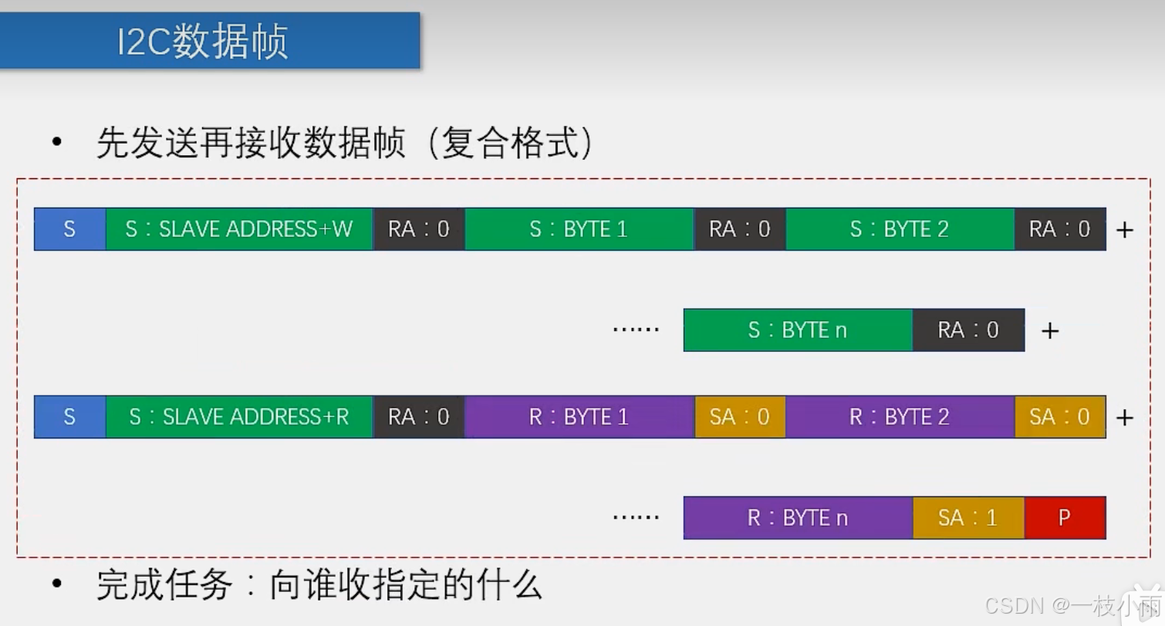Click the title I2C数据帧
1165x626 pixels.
(202, 42)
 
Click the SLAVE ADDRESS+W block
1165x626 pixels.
(239, 229)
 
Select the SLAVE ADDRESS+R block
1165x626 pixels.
(239, 417)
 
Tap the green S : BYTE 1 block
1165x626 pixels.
(579, 229)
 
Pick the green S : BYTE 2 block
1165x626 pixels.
(900, 229)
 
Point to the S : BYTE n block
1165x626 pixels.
(798, 330)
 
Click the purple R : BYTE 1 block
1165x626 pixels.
(579, 417)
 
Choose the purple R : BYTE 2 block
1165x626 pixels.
(900, 417)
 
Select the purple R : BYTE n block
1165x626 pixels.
(798, 517)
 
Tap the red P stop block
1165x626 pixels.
(1065, 517)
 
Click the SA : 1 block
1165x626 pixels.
(968, 517)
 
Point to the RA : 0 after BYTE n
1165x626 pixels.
(968, 330)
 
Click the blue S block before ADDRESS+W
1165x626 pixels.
(69, 229)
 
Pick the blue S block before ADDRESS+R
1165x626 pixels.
(69, 417)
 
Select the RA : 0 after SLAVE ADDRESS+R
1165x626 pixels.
(419, 417)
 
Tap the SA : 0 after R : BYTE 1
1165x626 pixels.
(740, 417)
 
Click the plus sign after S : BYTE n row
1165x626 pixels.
(1049, 331)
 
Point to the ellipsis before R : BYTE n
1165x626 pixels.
(636, 516)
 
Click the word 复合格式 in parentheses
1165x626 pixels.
(509, 144)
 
